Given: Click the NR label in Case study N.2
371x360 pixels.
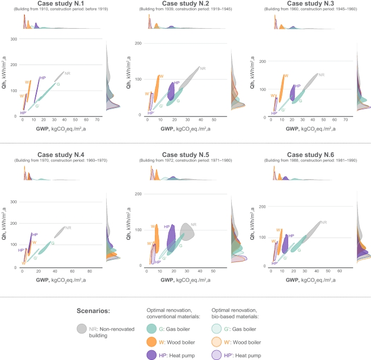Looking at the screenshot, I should point(203,68).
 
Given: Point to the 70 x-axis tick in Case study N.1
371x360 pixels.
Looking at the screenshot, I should point(96,120).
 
